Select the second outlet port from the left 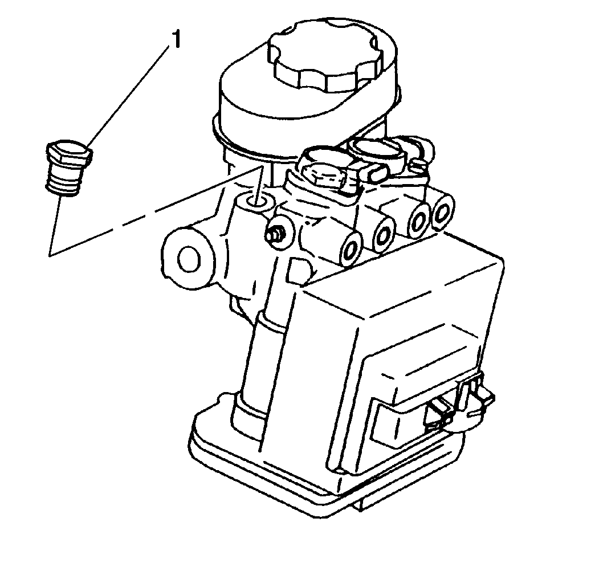tap(384, 235)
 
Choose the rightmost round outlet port tap(442, 211)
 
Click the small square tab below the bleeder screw tap(300, 271)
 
